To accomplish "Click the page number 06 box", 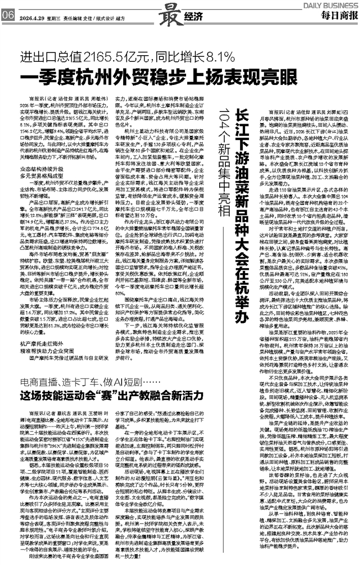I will pyautogui.click(x=8, y=15).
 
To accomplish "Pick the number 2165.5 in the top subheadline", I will pyautogui.click(x=99, y=56).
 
